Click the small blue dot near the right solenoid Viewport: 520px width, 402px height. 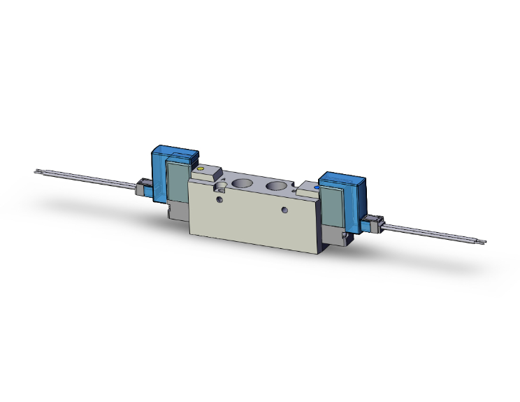(317, 187)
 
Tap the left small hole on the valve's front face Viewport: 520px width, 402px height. (223, 200)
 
